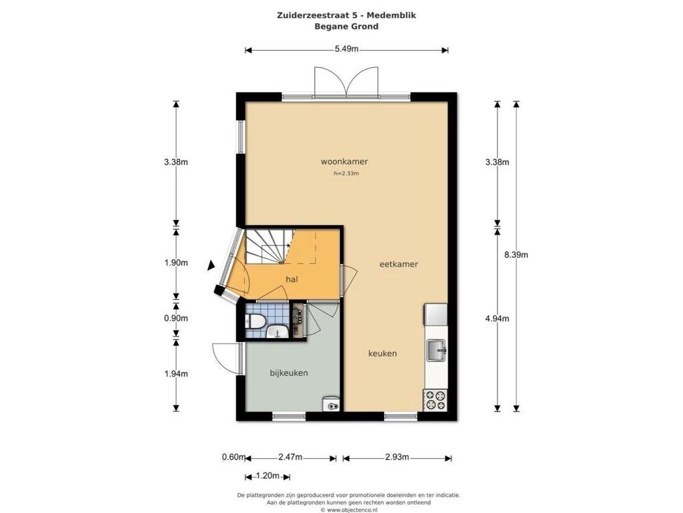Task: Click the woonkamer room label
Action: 344,162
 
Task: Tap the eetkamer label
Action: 399,264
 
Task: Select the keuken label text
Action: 382,353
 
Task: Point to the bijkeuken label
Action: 289,373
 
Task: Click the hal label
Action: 292,279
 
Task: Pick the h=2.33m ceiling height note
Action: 346,174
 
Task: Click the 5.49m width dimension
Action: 347,49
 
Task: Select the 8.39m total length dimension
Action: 516,254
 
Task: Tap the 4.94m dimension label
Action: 498,319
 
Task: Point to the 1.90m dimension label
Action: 176,263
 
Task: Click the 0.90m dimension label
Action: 176,319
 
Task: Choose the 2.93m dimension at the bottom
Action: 398,457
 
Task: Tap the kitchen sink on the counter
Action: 436,350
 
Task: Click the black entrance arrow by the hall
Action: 211,265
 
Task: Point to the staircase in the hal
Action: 269,247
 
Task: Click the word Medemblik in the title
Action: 391,15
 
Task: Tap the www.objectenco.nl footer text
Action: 352,510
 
